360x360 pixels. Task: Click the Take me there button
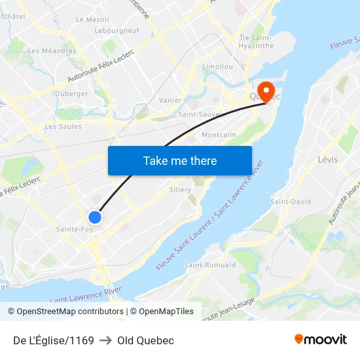(180, 160)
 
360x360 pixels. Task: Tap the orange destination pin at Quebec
(266, 90)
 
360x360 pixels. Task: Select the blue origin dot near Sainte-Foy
(95, 217)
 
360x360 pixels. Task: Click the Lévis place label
(327, 159)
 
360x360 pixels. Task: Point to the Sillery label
(180, 190)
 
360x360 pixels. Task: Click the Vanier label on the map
(170, 100)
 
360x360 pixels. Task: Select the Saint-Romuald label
(210, 265)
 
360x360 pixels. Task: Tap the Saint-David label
(291, 202)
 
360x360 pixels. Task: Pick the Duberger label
(72, 94)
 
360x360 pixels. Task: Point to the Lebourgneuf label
(116, 31)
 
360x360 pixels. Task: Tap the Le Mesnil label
(92, 20)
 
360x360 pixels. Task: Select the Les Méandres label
(52, 50)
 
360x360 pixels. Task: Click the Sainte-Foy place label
(75, 229)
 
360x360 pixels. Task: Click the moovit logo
(321, 340)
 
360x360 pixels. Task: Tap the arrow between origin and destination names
(105, 340)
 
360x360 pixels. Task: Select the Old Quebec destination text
(145, 340)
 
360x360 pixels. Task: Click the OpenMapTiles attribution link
(162, 312)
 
